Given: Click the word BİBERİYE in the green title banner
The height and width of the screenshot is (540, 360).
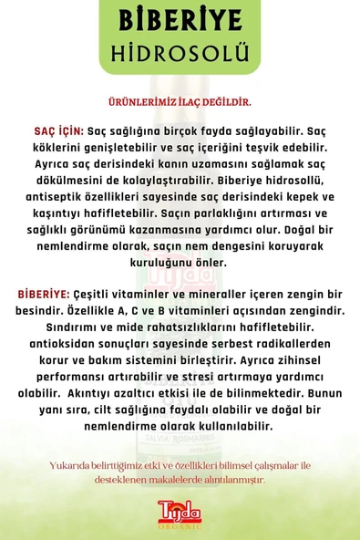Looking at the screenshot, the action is click(179, 20).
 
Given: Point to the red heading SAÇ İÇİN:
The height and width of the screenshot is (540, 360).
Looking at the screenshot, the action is click(52, 130).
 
